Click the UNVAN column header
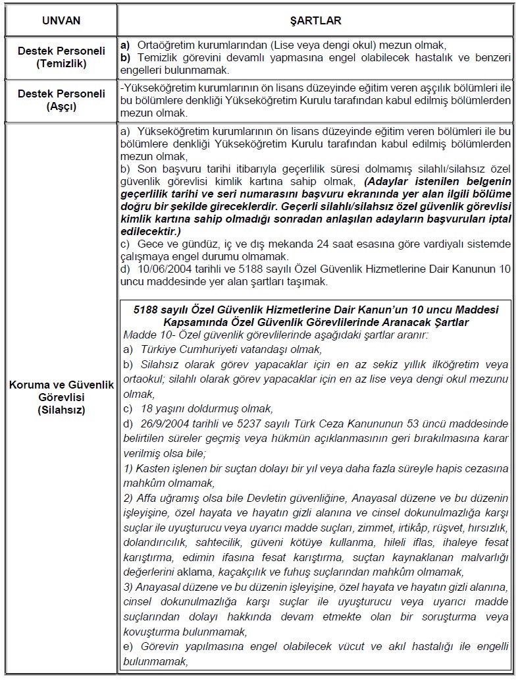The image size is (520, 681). [61, 20]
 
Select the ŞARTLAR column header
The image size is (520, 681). [316, 20]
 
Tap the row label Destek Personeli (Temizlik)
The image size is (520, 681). [61, 58]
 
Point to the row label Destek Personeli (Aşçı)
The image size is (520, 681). [61, 99]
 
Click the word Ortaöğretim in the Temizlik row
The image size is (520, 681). [165, 45]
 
